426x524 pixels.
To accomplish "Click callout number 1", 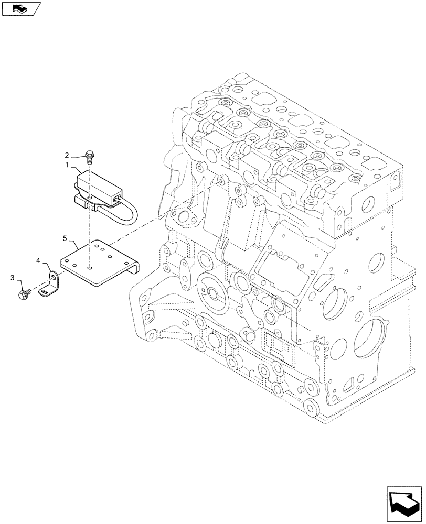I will click(x=68, y=165).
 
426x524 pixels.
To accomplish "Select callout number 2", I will click(x=67, y=155).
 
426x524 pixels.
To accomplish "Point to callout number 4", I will click(x=38, y=259).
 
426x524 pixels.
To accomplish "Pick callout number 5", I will click(x=65, y=238).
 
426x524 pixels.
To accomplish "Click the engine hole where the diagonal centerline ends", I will click(x=221, y=181).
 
